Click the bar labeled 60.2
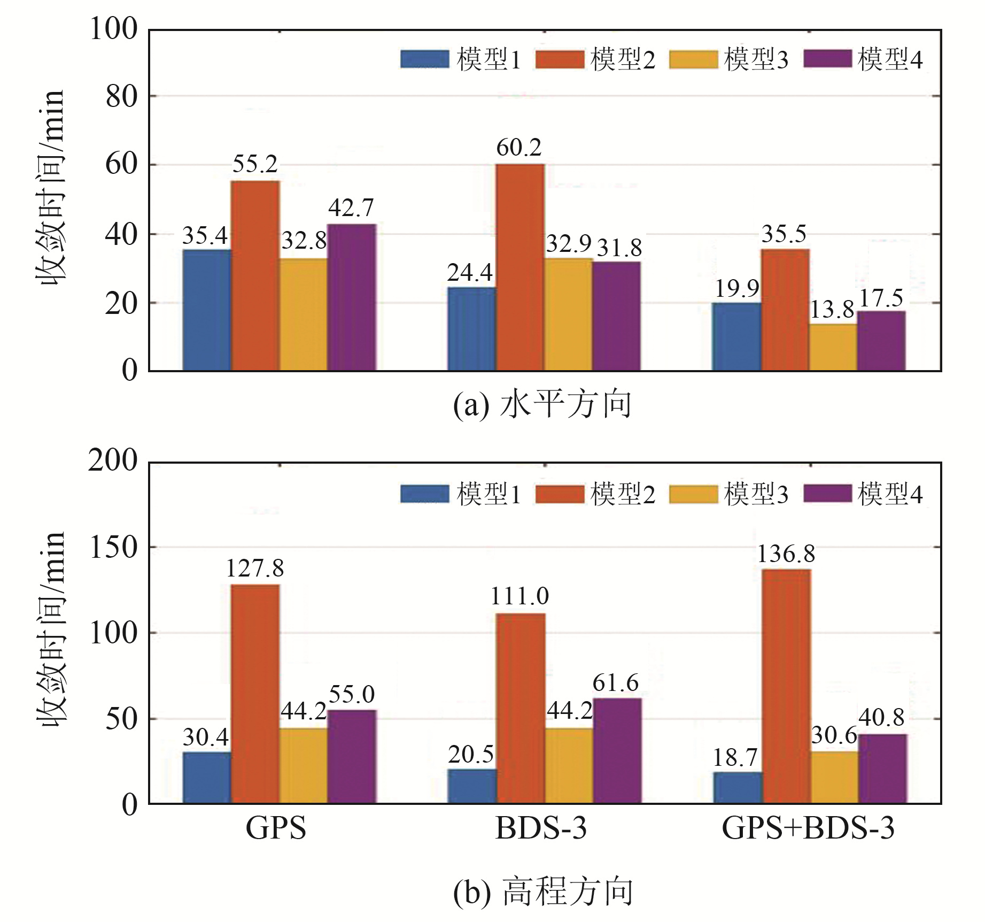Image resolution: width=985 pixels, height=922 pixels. [520, 267]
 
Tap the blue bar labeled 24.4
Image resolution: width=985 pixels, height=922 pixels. [471, 329]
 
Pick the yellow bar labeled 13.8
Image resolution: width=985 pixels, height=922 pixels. [833, 347]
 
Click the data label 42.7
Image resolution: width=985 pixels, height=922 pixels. [351, 208]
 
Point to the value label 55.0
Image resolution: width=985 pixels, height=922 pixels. [352, 695]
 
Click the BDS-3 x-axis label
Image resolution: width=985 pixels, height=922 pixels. [541, 829]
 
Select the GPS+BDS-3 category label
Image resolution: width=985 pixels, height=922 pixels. [808, 829]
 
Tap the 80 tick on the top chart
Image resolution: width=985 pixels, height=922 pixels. [121, 97]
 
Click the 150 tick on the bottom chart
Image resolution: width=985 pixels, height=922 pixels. [114, 548]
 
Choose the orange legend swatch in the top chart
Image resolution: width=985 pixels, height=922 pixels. [559, 59]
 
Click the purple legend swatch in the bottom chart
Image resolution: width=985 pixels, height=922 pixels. [827, 494]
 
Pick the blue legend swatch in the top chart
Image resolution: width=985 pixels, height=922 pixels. [425, 59]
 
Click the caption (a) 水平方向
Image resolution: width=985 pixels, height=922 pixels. [542, 405]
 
